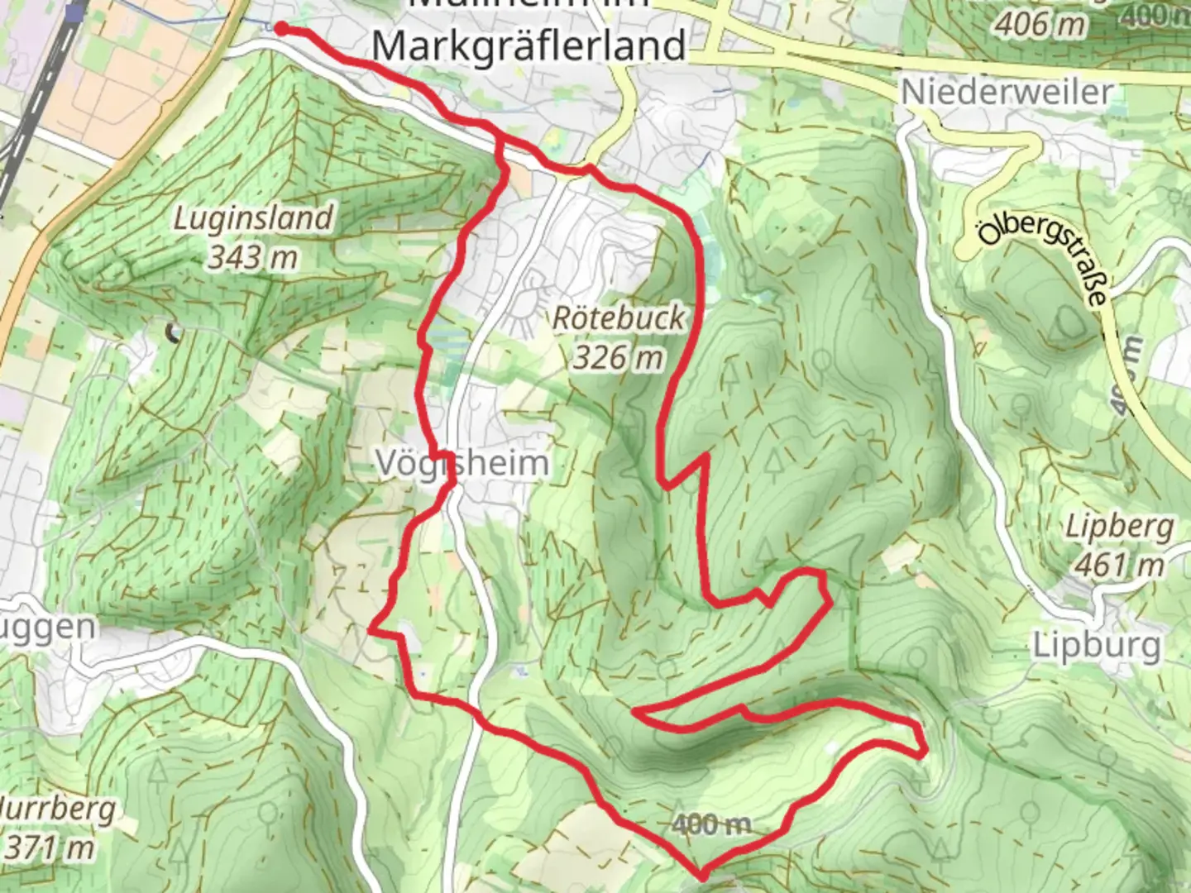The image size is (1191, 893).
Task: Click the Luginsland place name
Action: click(253, 218)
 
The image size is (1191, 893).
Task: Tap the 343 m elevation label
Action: click(252, 257)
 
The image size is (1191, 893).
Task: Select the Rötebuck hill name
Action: click(619, 318)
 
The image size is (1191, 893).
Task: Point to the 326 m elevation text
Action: click(618, 357)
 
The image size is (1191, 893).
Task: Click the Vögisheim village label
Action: click(462, 463)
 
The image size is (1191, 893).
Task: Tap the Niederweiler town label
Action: click(1007, 91)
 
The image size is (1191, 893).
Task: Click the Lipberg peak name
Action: click(1119, 526)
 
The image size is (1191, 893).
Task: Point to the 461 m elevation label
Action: click(1119, 565)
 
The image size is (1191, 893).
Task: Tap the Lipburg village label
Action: click(1097, 645)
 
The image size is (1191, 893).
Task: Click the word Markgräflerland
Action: click(529, 45)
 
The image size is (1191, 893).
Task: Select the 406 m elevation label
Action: click(1040, 24)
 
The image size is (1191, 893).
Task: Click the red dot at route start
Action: click(280, 29)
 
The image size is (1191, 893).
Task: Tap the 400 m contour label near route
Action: click(711, 824)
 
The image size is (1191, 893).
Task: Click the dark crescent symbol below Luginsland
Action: click(174, 333)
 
